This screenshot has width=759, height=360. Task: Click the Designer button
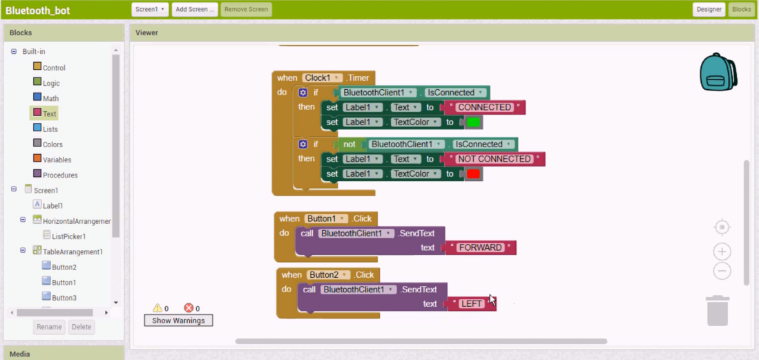[709, 9]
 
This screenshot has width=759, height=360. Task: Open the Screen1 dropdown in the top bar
[150, 9]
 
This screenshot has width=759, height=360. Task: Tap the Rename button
[49, 327]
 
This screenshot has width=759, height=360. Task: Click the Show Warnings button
[178, 321]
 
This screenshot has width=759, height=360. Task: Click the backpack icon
[718, 72]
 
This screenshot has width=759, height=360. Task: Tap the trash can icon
[718, 310]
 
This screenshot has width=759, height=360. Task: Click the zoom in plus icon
[722, 252]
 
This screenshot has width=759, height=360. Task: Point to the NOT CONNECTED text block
[493, 159]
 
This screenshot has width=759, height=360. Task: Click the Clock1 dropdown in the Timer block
[322, 77]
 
